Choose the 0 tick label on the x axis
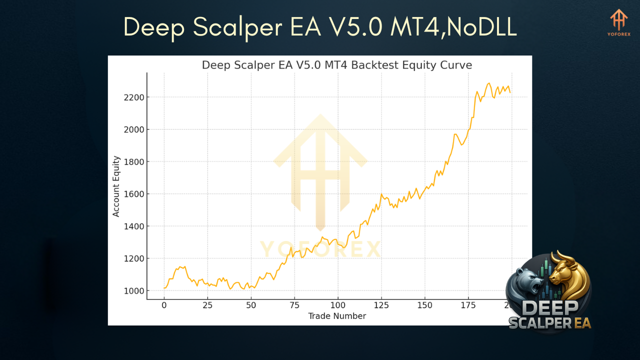[164, 305]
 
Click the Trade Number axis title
[337, 316]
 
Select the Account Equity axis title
[116, 186]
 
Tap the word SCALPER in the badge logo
[541, 322]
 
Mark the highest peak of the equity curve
[489, 83]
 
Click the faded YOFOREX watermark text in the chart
[320, 249]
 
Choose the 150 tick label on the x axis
[424, 305]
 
